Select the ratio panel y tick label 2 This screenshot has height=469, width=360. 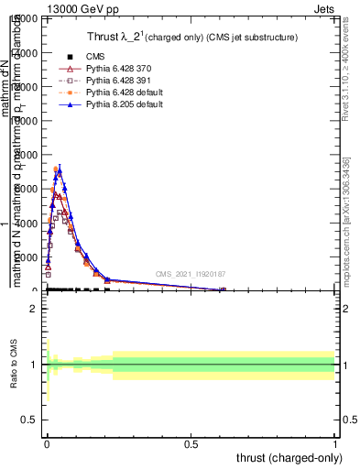coord(34,309)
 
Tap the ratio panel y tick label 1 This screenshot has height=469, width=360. coord(34,365)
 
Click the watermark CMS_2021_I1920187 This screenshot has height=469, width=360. coord(190,274)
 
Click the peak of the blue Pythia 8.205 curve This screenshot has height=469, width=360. coord(60,169)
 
